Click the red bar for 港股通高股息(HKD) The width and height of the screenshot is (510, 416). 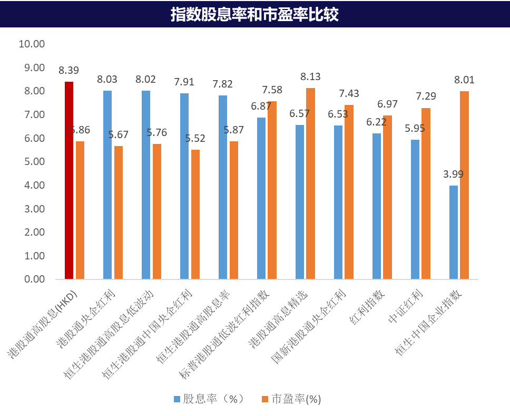[68, 180]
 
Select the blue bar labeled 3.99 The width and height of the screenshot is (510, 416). [454, 232]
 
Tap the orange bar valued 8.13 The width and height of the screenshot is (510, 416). [310, 183]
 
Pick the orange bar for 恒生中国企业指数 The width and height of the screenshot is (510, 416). [464, 185]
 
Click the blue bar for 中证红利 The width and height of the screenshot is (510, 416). [415, 209]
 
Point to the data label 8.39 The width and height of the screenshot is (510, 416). [68, 70]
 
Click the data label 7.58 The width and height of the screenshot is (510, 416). [272, 90]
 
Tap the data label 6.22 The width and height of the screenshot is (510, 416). [376, 122]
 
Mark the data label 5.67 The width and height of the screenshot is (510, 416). [118, 134]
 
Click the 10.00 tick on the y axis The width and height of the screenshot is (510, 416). [32, 44]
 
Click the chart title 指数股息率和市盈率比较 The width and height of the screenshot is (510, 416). [254, 14]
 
